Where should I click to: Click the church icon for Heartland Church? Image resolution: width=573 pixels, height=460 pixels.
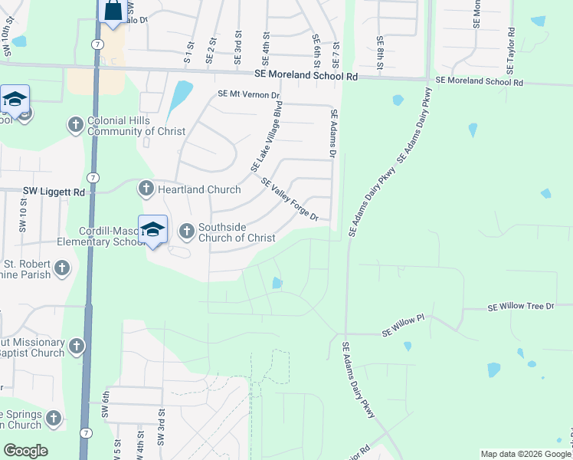coord(146,189)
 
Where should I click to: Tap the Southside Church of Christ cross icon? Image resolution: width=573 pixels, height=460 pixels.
coord(187,231)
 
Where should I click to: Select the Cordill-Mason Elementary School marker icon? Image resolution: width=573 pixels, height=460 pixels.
coord(152,229)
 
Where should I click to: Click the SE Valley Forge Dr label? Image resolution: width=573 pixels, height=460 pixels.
coord(290,199)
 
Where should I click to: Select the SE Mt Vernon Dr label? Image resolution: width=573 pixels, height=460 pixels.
coord(250,94)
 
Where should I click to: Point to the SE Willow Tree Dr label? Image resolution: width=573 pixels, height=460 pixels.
coord(521,307)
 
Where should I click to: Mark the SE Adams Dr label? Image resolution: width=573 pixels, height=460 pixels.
coord(334,133)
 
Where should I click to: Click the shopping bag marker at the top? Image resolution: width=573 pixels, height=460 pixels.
coord(113,11)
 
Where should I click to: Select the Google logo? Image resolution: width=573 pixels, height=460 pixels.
coord(25,451)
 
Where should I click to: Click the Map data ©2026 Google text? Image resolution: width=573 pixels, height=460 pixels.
coord(525,454)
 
